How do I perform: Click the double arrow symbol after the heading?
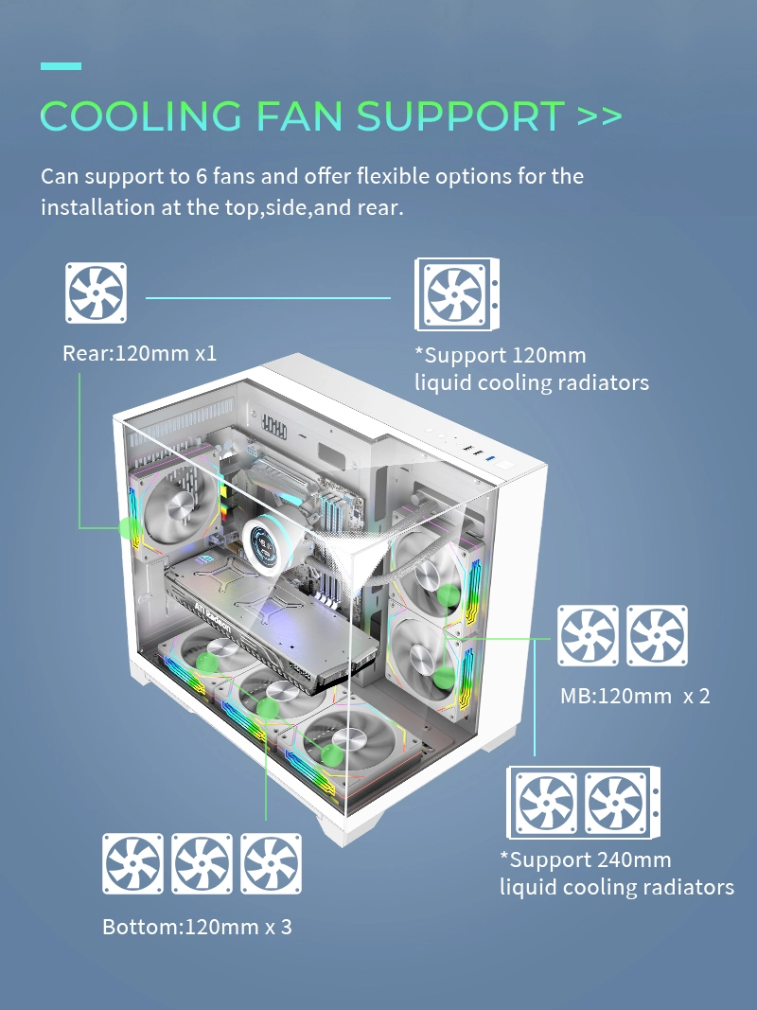(599, 116)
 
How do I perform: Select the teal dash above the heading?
(61, 66)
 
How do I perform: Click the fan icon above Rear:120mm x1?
(96, 292)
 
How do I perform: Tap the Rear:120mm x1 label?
(139, 354)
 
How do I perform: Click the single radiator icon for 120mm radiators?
(458, 295)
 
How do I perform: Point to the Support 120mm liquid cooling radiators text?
(532, 369)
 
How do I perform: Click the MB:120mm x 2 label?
(635, 696)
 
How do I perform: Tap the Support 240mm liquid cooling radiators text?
(616, 874)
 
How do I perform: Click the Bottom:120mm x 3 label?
(197, 926)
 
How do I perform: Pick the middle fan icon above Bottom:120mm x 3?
(202, 863)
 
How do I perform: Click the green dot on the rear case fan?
(126, 527)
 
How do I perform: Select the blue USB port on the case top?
(487, 460)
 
